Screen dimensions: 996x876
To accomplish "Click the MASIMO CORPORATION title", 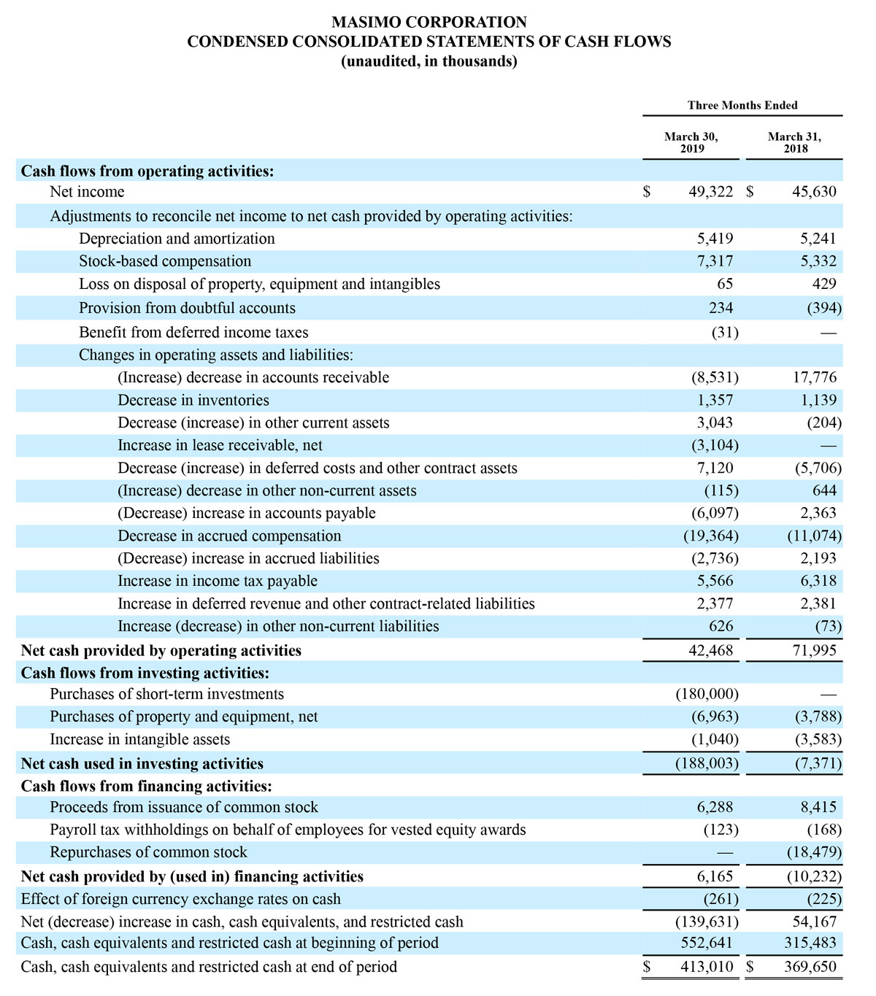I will coord(429,22).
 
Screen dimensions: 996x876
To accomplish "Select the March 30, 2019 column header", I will coord(691,142).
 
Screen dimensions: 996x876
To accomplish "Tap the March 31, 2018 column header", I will coord(794,142).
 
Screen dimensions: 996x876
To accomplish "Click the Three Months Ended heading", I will coord(742,105).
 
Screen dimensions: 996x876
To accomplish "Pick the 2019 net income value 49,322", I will coord(710,192).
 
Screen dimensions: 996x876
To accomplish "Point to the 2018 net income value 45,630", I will coord(814,192).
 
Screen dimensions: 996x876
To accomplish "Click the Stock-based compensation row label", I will coord(165,261).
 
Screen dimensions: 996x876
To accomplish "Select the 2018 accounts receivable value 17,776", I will coord(814,377).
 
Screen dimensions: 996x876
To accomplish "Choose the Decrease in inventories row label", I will coord(193,400).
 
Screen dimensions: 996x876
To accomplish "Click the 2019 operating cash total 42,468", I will coord(710,650).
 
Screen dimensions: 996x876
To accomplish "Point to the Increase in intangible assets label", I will coord(139,739).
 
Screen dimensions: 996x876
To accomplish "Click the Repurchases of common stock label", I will coord(148,852).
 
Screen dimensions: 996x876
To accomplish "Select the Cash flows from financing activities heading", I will coord(146,786).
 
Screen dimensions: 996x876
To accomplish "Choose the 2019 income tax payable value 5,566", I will coord(715,581).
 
